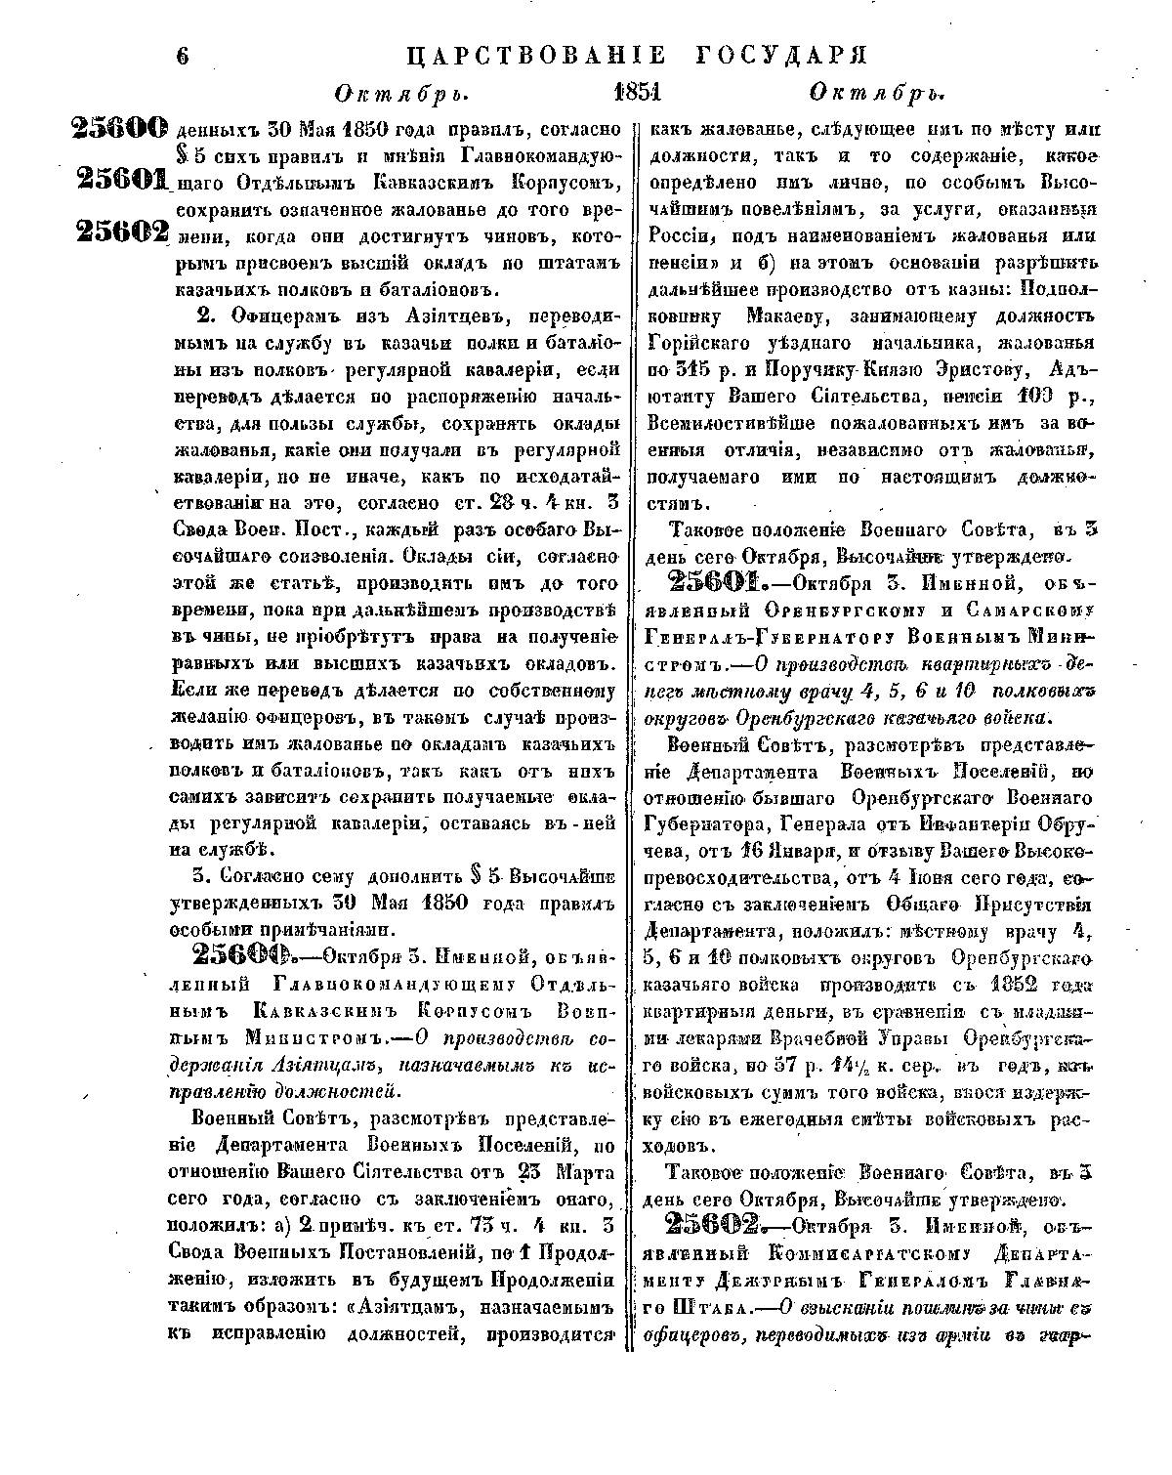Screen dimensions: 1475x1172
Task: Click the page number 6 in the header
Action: (x=183, y=56)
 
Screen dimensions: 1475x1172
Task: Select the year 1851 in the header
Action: (x=638, y=94)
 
